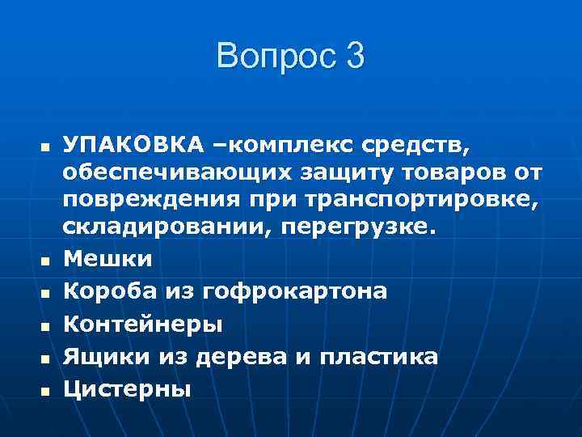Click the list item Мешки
click(108, 259)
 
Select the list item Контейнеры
click(142, 324)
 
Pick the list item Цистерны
click(128, 389)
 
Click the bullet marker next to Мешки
click(45, 261)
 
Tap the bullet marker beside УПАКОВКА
click(45, 146)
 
